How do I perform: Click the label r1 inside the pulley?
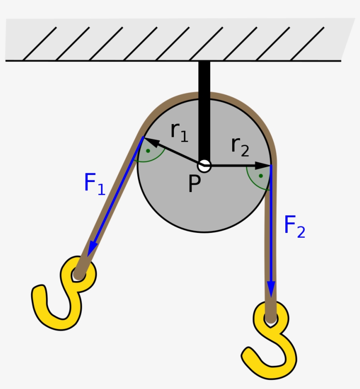pyautogui.click(x=179, y=131)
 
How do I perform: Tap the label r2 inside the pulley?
pyautogui.click(x=240, y=146)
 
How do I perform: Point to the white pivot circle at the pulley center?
pyautogui.click(x=204, y=166)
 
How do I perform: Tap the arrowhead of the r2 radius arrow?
pyautogui.click(x=265, y=166)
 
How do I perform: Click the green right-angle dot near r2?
pyautogui.click(x=261, y=176)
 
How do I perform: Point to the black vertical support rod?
pyautogui.click(x=204, y=110)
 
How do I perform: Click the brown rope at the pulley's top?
pyautogui.click(x=204, y=95)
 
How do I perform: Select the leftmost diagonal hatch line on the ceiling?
pyautogui.click(x=40, y=43)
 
